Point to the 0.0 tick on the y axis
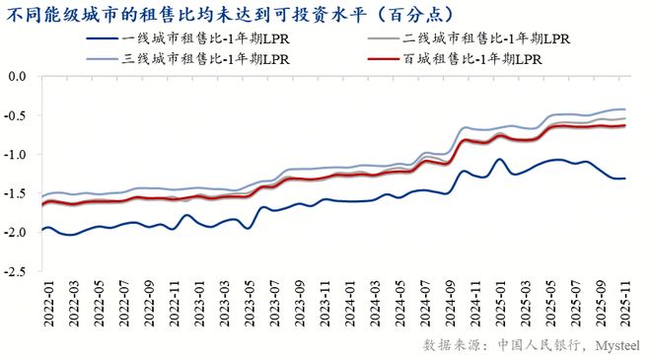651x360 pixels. tap(18, 76)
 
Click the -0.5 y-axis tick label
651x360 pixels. tap(16, 115)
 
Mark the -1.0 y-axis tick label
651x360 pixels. tap(16, 155)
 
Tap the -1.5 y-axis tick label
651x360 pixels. tap(16, 193)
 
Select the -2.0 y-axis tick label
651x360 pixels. tap(16, 233)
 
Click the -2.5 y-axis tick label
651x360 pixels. tap(16, 272)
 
